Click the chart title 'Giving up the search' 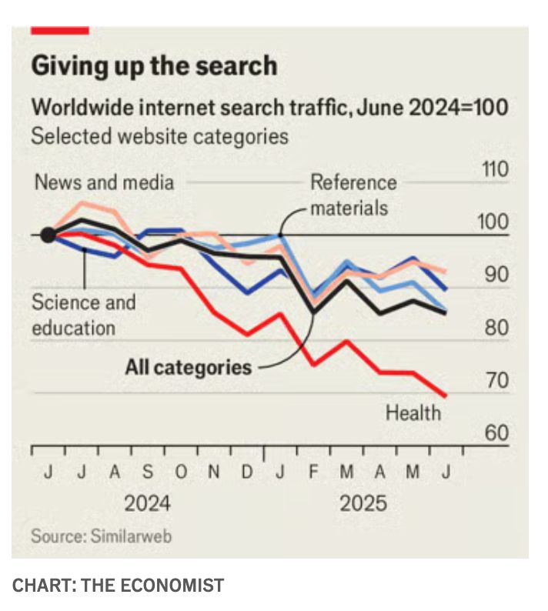point(153,66)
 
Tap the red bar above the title point(60,30)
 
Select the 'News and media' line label point(105,182)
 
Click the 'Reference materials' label point(353,195)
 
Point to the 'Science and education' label point(83,315)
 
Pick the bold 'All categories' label point(188,367)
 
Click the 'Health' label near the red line point(413,413)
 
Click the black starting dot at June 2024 point(48,235)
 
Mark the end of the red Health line point(446,396)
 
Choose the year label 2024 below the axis point(148,504)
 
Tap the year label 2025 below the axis point(363,504)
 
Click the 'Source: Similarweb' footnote point(101,536)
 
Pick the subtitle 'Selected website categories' point(159,137)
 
